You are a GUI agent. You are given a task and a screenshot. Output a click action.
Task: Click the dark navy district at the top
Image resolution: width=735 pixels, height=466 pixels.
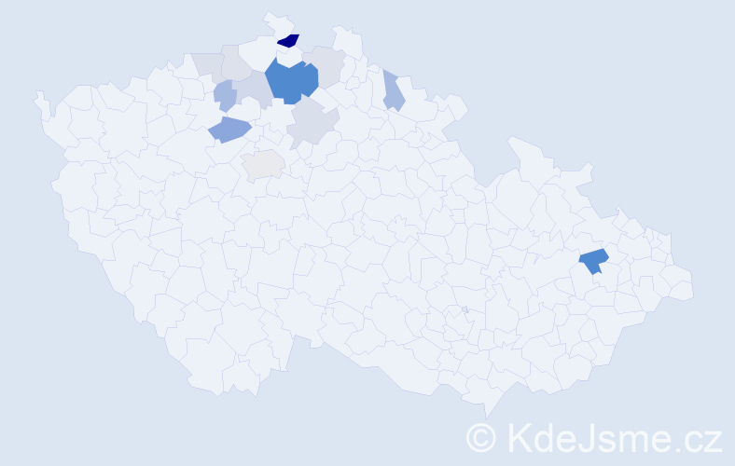click(288, 40)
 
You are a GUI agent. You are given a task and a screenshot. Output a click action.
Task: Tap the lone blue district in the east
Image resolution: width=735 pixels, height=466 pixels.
click(593, 261)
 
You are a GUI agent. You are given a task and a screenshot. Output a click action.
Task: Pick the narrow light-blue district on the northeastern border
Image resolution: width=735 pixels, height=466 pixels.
click(393, 91)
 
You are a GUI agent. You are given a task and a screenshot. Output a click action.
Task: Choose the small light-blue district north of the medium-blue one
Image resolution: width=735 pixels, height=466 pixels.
click(225, 94)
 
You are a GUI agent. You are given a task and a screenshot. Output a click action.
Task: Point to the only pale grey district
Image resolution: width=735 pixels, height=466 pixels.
click(263, 164)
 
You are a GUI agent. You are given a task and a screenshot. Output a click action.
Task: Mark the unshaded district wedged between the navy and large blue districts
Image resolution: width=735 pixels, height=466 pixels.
click(289, 56)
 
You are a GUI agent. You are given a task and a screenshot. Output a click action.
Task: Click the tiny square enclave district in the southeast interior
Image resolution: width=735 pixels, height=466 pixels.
click(465, 310)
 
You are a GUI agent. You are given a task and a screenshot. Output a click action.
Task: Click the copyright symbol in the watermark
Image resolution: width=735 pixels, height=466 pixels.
click(482, 436)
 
